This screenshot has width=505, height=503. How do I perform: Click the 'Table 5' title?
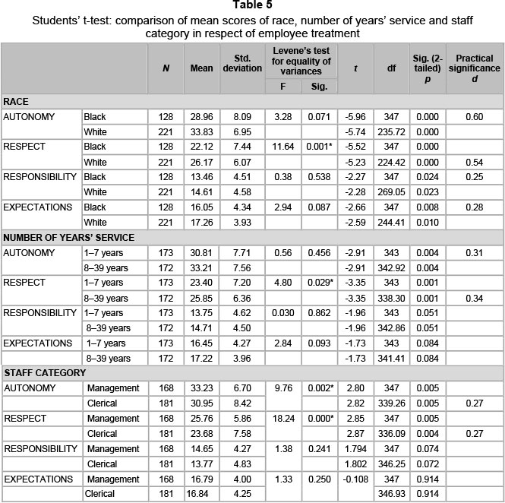[252, 6]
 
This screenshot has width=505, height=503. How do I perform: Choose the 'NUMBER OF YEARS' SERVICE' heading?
[68, 237]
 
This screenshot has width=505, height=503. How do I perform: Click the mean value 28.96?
[201, 117]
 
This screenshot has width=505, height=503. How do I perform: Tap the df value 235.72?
[391, 131]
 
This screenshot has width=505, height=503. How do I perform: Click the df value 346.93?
[391, 495]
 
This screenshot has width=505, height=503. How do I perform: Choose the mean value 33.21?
[201, 267]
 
